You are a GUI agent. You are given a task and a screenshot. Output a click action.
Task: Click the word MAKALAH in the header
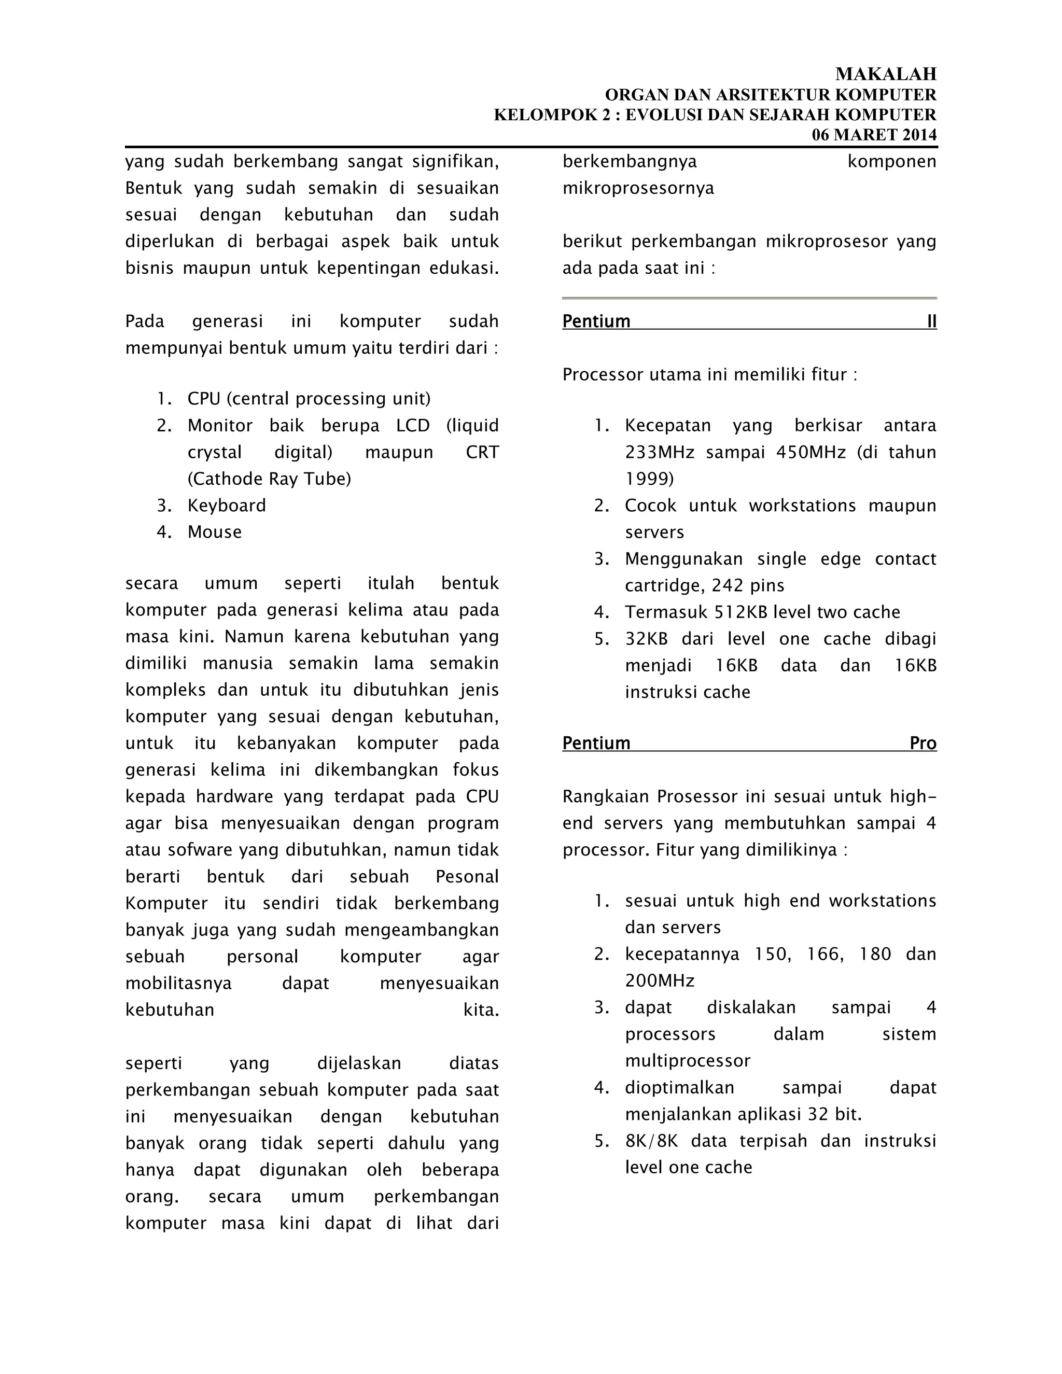(885, 74)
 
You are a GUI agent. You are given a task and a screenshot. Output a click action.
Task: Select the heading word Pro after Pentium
(923, 743)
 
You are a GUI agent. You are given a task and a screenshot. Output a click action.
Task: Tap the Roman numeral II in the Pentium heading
(931, 321)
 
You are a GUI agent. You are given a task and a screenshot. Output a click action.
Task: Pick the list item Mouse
(215, 532)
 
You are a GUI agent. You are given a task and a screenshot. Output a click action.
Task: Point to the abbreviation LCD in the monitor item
(413, 425)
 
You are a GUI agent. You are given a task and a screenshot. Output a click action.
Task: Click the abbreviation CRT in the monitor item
(482, 452)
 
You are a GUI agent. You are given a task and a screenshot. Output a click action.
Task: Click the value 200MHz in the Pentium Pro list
(660, 981)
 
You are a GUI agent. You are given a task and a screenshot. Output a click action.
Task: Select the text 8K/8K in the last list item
(651, 1141)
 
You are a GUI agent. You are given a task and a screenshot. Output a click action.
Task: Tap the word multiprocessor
(687, 1061)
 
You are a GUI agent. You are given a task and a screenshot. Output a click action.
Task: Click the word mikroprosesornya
(638, 188)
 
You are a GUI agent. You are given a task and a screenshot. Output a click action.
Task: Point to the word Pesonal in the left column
(467, 876)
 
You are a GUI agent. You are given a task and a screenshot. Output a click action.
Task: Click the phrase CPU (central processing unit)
(309, 399)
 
